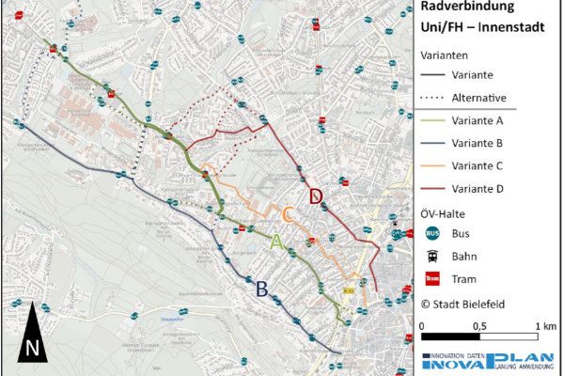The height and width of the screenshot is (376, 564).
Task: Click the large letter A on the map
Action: click(x=276, y=242)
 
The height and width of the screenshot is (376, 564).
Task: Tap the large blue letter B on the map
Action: click(x=262, y=289)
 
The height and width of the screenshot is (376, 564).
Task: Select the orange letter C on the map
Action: click(x=290, y=216)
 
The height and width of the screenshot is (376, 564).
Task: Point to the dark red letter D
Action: click(x=317, y=196)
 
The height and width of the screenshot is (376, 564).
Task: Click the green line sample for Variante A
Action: click(x=432, y=120)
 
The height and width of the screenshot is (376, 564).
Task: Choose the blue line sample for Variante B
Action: click(x=432, y=143)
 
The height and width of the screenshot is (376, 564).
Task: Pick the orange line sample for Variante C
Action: click(x=432, y=165)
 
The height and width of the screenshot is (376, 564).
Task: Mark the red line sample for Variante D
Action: click(x=432, y=188)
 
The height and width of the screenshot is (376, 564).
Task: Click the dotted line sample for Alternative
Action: click(x=432, y=98)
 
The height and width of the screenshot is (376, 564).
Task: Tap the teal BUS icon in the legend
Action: click(x=432, y=232)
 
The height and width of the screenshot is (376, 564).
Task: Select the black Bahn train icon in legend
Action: click(x=432, y=255)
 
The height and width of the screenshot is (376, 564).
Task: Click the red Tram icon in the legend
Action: click(x=432, y=277)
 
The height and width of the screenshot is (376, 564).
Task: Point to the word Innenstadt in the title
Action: click(x=516, y=27)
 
